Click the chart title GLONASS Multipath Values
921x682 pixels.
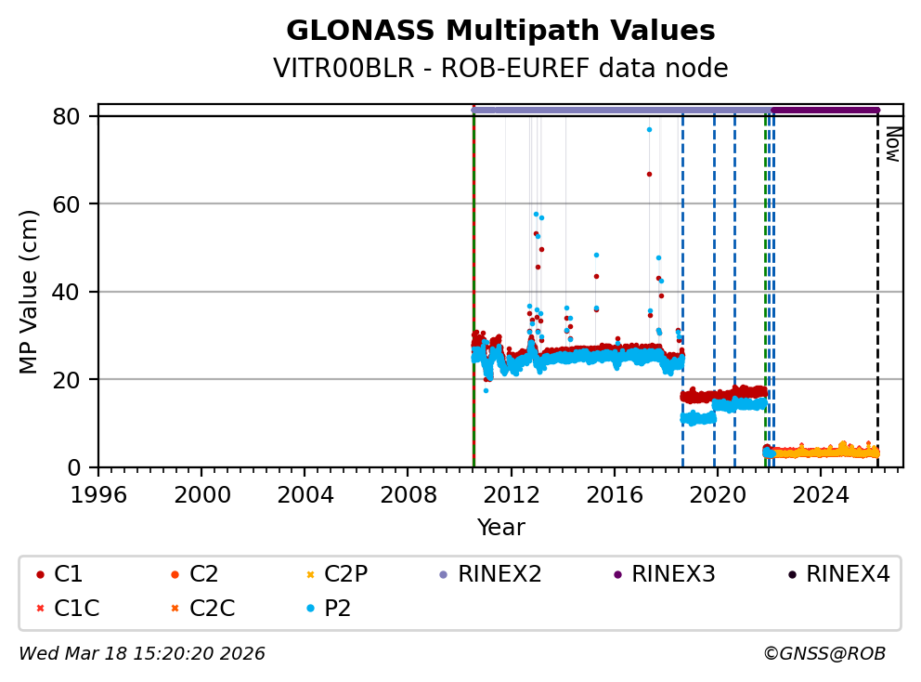(500, 32)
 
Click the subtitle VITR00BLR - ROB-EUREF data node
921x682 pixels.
(500, 69)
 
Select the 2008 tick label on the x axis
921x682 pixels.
(409, 493)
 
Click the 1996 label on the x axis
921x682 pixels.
(99, 493)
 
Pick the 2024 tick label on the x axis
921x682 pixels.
(821, 493)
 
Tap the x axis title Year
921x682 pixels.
(500, 528)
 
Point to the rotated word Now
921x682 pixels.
(891, 144)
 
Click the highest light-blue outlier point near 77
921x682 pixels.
(649, 129)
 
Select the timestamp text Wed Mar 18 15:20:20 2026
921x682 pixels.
(142, 654)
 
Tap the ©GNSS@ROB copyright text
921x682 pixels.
(824, 654)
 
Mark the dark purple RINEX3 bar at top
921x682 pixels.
(824, 110)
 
